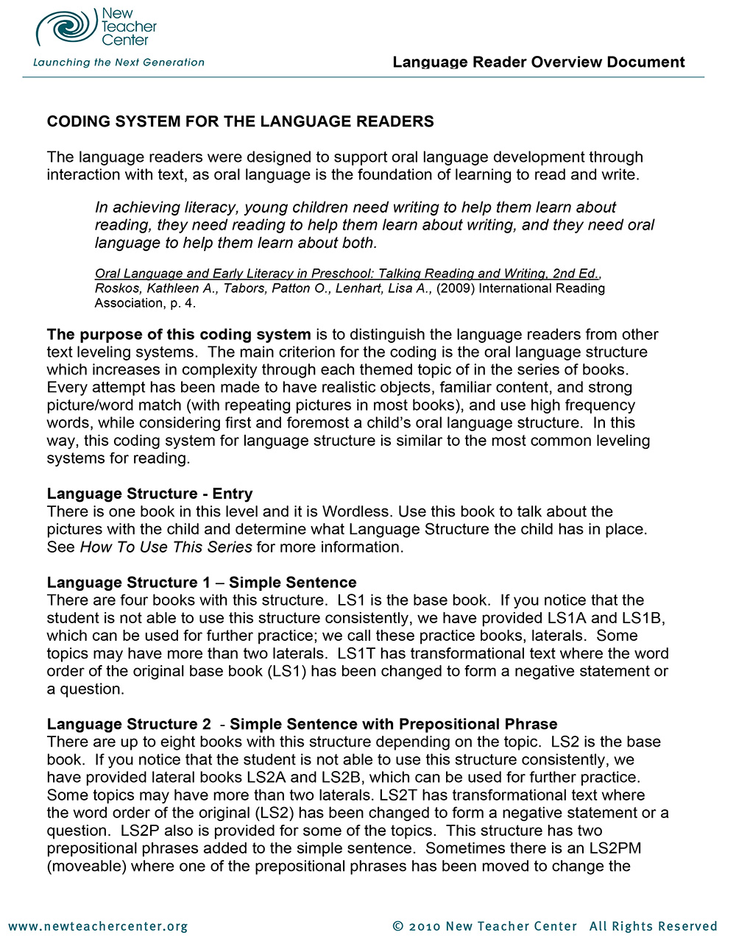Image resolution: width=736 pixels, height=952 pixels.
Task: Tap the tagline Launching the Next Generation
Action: [118, 63]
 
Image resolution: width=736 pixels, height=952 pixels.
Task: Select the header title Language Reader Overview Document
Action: [538, 63]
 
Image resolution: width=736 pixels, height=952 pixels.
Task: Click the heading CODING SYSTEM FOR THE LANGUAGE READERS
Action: [240, 122]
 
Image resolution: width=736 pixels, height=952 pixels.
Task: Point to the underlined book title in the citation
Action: [347, 274]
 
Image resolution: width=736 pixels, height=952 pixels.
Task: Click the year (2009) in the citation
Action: [456, 288]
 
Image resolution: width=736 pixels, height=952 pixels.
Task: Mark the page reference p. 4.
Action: [181, 303]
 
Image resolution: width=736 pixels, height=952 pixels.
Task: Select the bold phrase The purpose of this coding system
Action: [179, 335]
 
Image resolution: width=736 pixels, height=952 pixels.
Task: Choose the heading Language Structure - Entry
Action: [149, 494]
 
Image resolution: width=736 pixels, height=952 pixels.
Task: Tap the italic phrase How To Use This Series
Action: [166, 547]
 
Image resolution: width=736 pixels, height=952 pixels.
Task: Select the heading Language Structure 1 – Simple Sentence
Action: [201, 583]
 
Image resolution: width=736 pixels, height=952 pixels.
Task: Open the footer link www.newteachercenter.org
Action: [98, 926]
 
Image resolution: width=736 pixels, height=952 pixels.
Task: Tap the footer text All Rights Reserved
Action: [653, 926]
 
